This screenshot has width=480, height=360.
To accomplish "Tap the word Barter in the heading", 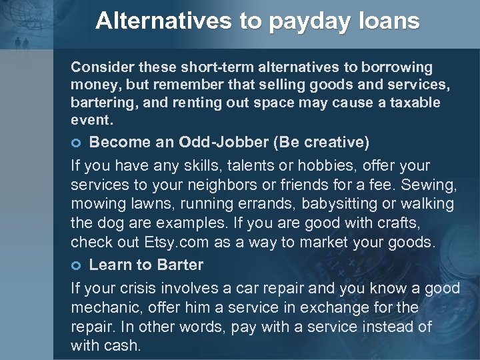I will pyautogui.click(x=180, y=265).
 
